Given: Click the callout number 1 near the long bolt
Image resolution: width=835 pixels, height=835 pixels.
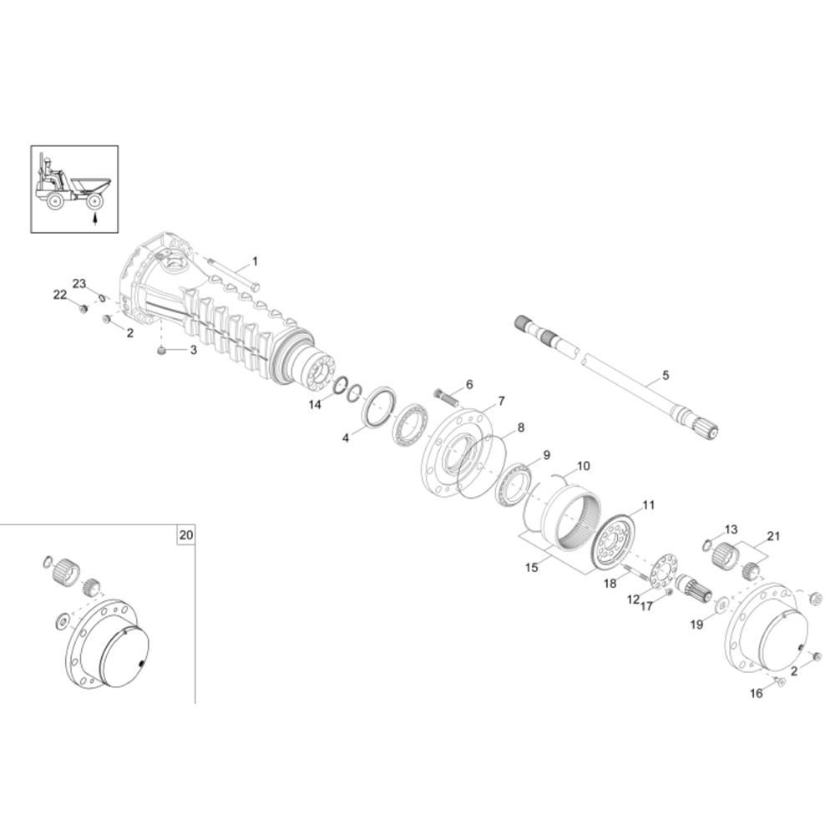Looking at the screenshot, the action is (x=255, y=261).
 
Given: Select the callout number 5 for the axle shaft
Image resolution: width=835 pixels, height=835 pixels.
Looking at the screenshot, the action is (x=665, y=376).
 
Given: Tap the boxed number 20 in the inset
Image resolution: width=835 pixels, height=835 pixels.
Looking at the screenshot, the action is (x=186, y=534).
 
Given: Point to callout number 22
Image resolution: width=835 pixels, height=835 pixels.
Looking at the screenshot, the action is (x=59, y=295).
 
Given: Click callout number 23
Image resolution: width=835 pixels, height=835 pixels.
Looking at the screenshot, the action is (x=79, y=283).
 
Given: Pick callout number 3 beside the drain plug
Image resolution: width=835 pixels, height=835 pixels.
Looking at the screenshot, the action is (x=194, y=350).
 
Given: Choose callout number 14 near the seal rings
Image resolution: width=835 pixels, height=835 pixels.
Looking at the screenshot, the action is (x=315, y=405).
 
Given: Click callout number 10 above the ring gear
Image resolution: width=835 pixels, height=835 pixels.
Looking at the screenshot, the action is (x=583, y=466).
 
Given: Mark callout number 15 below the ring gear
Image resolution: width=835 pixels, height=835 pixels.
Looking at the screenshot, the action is (x=531, y=568).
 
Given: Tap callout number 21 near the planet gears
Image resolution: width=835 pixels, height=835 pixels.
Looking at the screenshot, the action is (x=772, y=536).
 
